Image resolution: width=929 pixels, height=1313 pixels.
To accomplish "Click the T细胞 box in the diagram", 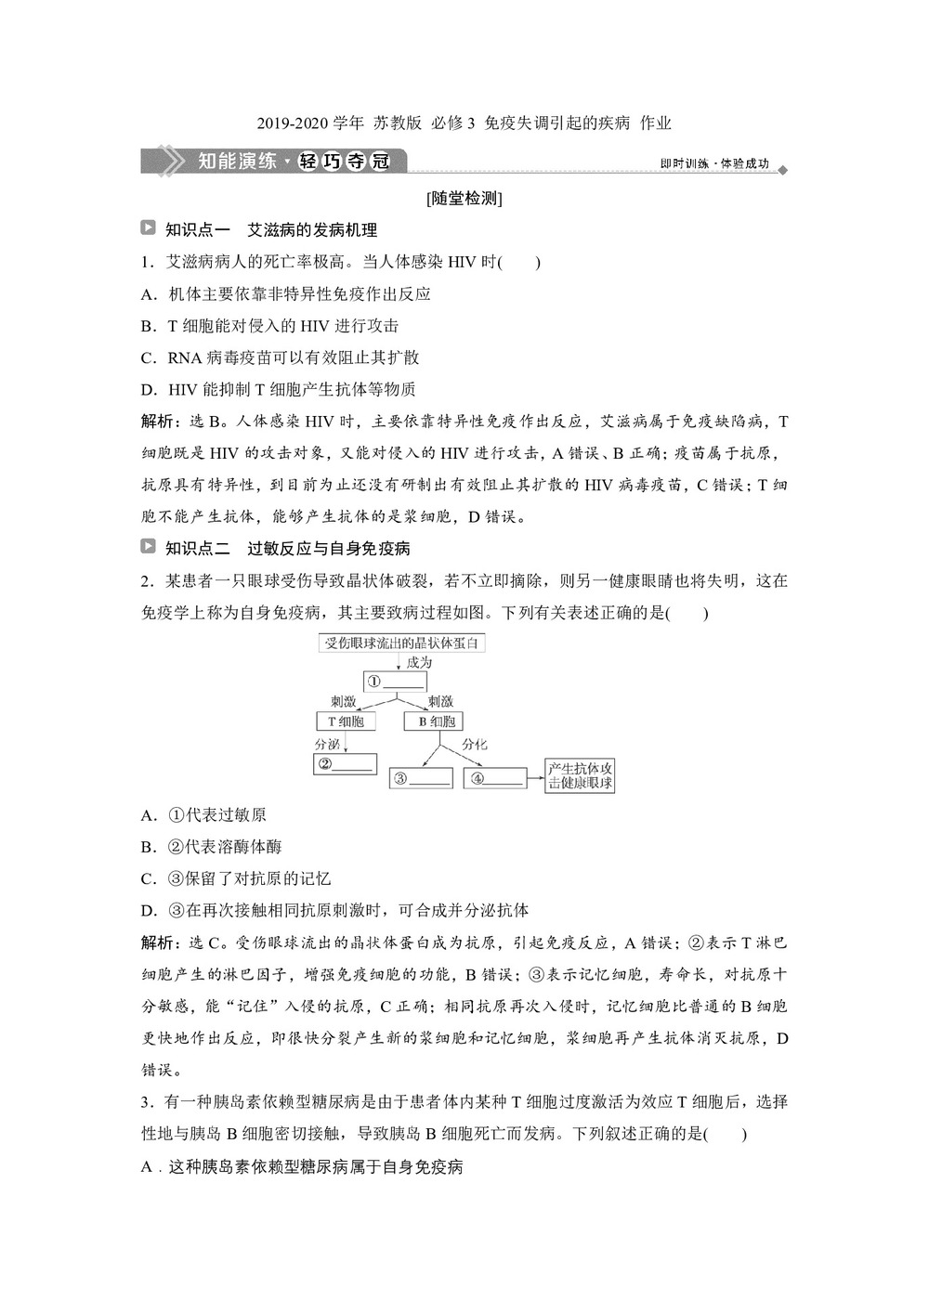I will coord(346,721).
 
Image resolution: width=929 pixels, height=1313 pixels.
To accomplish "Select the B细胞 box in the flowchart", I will coord(435,721).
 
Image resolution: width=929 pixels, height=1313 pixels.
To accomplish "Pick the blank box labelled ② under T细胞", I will coord(345,764).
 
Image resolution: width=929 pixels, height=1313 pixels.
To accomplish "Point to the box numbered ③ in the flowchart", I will coord(421,778).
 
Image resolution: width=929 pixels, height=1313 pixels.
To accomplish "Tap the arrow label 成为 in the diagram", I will coord(419,663).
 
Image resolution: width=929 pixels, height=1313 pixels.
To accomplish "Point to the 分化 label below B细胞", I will coord(474,744).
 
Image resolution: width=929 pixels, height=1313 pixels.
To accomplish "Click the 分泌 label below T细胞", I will coord(327,744).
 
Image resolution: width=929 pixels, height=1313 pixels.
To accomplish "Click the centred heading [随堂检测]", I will coord(464,198).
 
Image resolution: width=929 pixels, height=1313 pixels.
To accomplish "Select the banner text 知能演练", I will coord(238,161).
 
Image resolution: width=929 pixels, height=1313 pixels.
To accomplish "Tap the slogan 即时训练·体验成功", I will coord(714,163).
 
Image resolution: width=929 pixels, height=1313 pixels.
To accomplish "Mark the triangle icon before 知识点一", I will coord(148,227).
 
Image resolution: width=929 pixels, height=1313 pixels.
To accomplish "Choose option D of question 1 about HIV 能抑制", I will coord(278,390).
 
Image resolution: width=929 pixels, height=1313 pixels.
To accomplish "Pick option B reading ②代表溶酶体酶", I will coord(212,847).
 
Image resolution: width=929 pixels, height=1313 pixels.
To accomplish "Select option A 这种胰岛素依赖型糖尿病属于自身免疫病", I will coord(302,1166).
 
